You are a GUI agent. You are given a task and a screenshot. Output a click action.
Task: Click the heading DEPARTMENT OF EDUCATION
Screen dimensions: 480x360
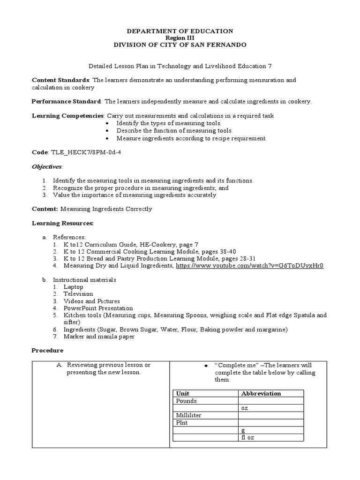(x=180, y=31)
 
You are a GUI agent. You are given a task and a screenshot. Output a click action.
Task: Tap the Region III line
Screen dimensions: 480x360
(x=180, y=38)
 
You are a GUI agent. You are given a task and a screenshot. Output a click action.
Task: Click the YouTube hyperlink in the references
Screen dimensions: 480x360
(x=249, y=266)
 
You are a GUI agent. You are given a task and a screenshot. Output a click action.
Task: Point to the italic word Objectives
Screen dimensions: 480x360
(x=46, y=166)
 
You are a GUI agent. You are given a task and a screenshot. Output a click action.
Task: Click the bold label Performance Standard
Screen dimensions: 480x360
(x=66, y=101)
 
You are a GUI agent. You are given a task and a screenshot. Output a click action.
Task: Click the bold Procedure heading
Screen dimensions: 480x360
(x=47, y=350)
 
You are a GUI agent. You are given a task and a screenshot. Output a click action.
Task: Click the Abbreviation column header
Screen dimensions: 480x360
(x=261, y=394)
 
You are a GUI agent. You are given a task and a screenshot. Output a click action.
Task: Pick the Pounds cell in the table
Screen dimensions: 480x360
(x=187, y=401)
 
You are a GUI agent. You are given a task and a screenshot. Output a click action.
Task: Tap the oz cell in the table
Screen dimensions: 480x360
(x=245, y=408)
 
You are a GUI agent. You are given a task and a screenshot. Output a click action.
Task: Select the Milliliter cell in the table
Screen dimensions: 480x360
(x=188, y=415)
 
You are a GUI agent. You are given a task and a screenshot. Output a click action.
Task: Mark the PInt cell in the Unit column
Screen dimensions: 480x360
(x=182, y=423)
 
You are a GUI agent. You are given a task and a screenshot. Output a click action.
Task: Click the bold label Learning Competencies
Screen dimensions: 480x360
(x=68, y=115)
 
